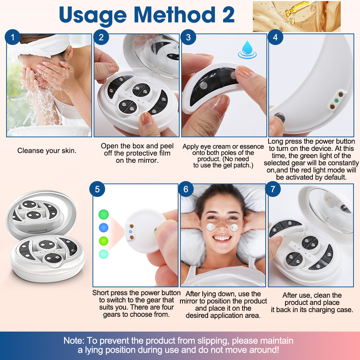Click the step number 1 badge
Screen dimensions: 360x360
pyautogui.click(x=12, y=37)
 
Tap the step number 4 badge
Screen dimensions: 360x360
pyautogui.click(x=275, y=37)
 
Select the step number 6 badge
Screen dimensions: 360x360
pyautogui.click(x=186, y=189)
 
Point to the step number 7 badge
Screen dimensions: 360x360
pyautogui.click(x=273, y=189)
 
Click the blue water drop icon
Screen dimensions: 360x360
pyautogui.click(x=247, y=50)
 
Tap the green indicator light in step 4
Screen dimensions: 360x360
pyautogui.click(x=337, y=100)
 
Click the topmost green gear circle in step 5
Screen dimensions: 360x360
pyautogui.click(x=104, y=214)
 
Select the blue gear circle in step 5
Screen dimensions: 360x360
pyautogui.click(x=104, y=228)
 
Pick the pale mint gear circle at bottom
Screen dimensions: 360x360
pyautogui.click(x=104, y=254)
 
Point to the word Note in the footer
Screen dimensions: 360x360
pyautogui.click(x=74, y=341)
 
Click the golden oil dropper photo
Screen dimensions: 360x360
pyautogui.click(x=297, y=16)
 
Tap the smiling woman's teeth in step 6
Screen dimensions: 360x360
pyautogui.click(x=222, y=238)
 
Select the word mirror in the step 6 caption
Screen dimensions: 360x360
pyautogui.click(x=190, y=301)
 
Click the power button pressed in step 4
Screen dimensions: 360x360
pyautogui.click(x=280, y=118)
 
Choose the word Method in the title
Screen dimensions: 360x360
pyautogui.click(x=175, y=15)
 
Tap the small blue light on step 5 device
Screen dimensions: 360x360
pyautogui.click(x=131, y=232)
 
